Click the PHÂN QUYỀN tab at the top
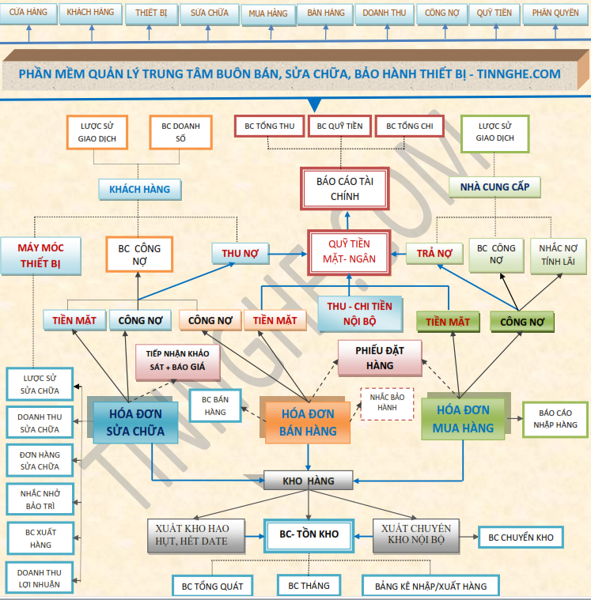555,13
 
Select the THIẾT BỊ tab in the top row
151,13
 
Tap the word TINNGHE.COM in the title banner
519,74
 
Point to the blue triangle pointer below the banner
314,104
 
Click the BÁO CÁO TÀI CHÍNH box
345,189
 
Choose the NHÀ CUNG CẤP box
494,187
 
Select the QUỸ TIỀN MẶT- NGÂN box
349,252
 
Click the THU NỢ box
241,253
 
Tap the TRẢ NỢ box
434,253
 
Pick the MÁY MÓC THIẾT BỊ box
40,255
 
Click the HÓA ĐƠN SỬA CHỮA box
135,422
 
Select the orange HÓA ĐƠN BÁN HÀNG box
308,422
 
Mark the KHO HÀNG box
309,481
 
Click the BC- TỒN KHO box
309,535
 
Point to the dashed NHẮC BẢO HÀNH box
387,403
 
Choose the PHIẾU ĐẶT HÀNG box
380,358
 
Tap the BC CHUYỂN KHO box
521,538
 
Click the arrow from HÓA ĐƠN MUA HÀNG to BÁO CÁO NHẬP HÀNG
514,419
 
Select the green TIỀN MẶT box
448,322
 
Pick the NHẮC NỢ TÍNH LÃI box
558,255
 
